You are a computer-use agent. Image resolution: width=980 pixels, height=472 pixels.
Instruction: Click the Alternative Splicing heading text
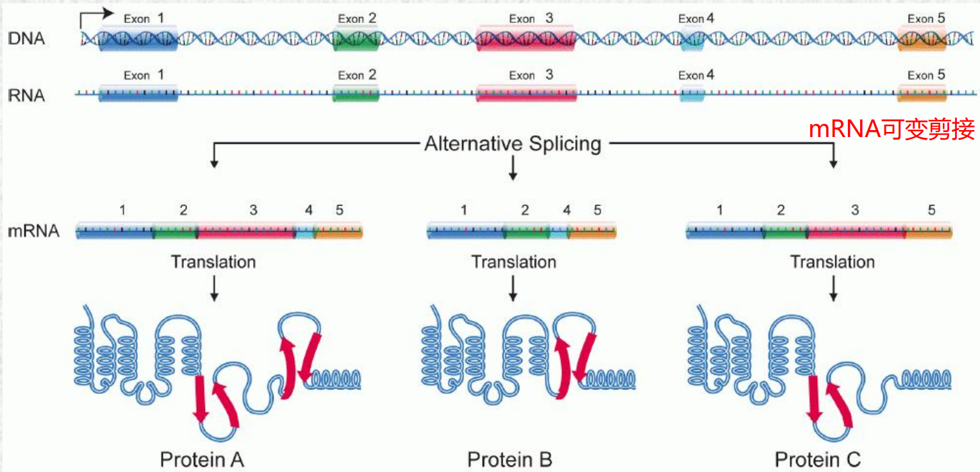(512, 144)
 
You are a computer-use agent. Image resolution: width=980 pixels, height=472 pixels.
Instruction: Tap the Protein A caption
(202, 459)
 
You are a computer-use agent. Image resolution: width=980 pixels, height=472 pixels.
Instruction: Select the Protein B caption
(510, 459)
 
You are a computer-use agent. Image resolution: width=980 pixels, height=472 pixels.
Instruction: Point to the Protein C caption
(818, 459)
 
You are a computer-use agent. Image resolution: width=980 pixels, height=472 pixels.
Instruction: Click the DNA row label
(27, 38)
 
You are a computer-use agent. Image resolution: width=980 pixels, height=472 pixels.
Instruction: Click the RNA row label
(27, 96)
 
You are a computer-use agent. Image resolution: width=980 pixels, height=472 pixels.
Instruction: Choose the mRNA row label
(34, 231)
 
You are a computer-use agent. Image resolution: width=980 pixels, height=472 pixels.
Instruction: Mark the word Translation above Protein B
(513, 262)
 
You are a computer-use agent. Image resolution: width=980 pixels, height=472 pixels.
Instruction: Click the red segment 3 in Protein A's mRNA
(246, 231)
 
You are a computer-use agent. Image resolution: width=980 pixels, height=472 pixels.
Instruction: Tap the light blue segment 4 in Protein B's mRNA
(559, 231)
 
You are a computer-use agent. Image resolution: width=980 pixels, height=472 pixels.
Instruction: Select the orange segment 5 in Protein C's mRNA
(928, 231)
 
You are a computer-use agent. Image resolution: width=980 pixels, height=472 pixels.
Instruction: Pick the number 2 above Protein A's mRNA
(183, 210)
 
